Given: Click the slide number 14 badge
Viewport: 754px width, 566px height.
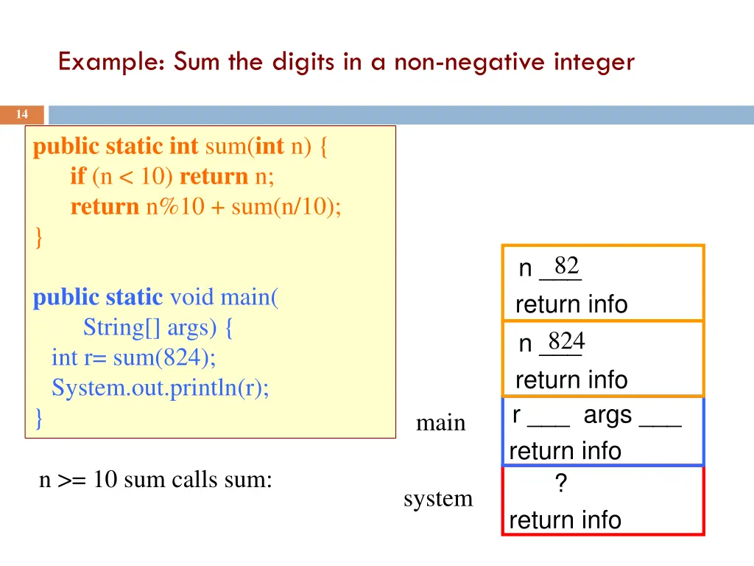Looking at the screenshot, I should (x=22, y=114).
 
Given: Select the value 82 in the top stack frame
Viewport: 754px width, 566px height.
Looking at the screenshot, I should (x=566, y=265).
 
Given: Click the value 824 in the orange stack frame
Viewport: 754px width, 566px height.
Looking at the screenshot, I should (x=566, y=341).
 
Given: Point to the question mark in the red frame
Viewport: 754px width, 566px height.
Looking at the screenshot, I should (x=560, y=484).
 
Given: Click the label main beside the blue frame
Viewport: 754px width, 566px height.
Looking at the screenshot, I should (x=440, y=423).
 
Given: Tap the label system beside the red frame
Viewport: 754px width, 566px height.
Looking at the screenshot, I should (x=438, y=499).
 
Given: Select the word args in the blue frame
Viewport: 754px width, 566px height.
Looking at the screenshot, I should (x=607, y=415).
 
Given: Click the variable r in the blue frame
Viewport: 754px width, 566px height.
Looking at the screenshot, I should (x=518, y=415).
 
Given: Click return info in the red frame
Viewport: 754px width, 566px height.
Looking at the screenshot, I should (x=565, y=520).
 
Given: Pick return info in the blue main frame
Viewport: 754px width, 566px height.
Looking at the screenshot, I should (x=565, y=450).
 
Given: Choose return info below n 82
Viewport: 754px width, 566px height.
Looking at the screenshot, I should (x=571, y=304).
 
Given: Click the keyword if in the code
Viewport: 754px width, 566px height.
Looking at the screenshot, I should (x=78, y=176).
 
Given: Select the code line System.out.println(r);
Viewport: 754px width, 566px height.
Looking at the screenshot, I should (x=161, y=388).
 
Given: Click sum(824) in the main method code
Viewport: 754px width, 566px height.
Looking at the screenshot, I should (x=164, y=358).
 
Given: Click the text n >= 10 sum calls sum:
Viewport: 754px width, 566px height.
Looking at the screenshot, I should (x=155, y=481).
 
